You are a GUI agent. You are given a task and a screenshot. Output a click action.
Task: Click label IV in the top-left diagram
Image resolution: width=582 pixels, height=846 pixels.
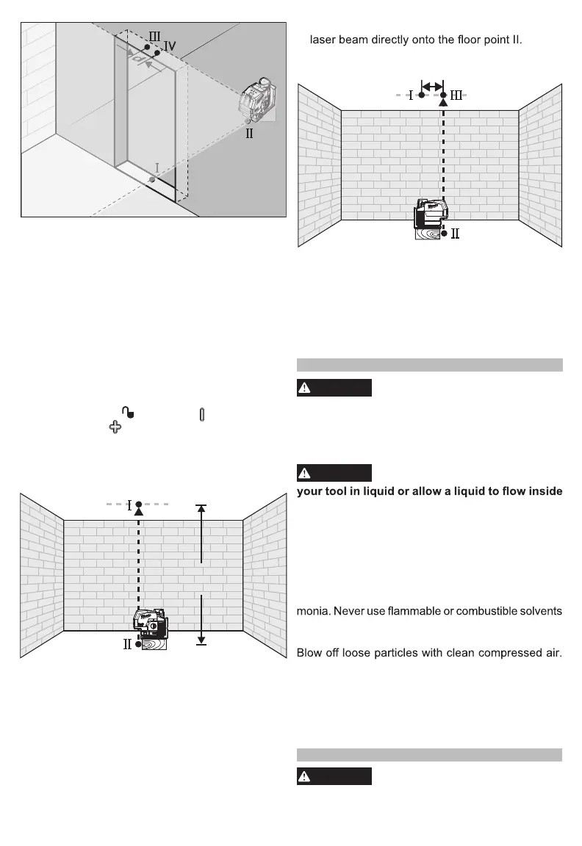tap(170, 46)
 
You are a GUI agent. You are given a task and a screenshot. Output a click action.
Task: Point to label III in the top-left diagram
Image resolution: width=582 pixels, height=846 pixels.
tap(155, 36)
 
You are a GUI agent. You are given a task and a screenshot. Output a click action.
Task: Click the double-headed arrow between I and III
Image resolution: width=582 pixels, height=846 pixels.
tap(431, 86)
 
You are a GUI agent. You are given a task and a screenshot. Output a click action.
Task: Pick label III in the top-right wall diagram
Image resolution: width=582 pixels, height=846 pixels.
tap(456, 95)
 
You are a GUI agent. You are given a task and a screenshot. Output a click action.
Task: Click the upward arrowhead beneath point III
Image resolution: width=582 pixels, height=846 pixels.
tap(443, 103)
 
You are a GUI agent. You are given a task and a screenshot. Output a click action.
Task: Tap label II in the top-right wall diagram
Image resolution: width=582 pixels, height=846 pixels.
tap(455, 234)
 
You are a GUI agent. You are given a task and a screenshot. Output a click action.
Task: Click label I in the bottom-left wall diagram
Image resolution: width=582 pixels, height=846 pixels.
tap(129, 505)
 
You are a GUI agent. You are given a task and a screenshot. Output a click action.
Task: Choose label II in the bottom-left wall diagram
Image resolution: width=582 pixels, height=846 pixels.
tap(127, 644)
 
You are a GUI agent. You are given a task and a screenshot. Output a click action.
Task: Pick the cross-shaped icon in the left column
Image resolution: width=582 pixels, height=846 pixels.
tap(115, 427)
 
